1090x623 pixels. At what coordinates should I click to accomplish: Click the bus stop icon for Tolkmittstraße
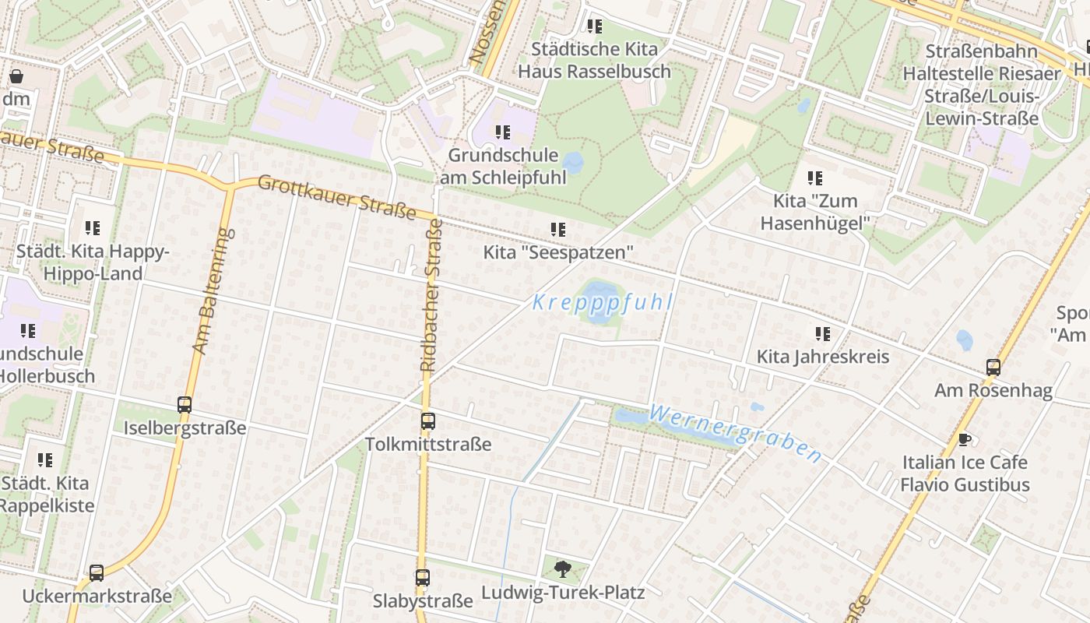pyautogui.click(x=427, y=421)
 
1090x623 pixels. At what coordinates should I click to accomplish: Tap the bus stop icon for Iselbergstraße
pyautogui.click(x=185, y=405)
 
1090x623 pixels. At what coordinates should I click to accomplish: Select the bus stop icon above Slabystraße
pyautogui.click(x=422, y=578)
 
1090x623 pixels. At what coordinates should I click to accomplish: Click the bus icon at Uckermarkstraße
pyautogui.click(x=97, y=573)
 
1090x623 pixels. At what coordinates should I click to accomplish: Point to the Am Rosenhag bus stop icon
pyautogui.click(x=993, y=367)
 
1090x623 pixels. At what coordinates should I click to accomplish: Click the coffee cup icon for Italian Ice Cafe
pyautogui.click(x=965, y=439)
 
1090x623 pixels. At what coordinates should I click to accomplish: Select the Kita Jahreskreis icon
pyautogui.click(x=823, y=334)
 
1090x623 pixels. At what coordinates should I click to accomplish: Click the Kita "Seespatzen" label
pyautogui.click(x=557, y=252)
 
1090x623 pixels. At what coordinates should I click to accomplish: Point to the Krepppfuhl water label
pyautogui.click(x=602, y=302)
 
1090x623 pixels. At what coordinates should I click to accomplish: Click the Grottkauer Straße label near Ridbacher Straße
pyautogui.click(x=336, y=197)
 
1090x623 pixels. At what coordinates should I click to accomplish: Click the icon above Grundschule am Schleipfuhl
pyautogui.click(x=502, y=132)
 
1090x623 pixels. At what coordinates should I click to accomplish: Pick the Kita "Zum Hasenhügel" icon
pyautogui.click(x=814, y=178)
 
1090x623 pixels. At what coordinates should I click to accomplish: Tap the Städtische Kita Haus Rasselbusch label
pyautogui.click(x=594, y=60)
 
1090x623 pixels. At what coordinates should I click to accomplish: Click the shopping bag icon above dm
pyautogui.click(x=16, y=76)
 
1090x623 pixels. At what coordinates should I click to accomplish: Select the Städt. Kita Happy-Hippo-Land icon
pyautogui.click(x=93, y=228)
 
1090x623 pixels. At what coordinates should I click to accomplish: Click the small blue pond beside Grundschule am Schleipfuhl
pyautogui.click(x=573, y=163)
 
